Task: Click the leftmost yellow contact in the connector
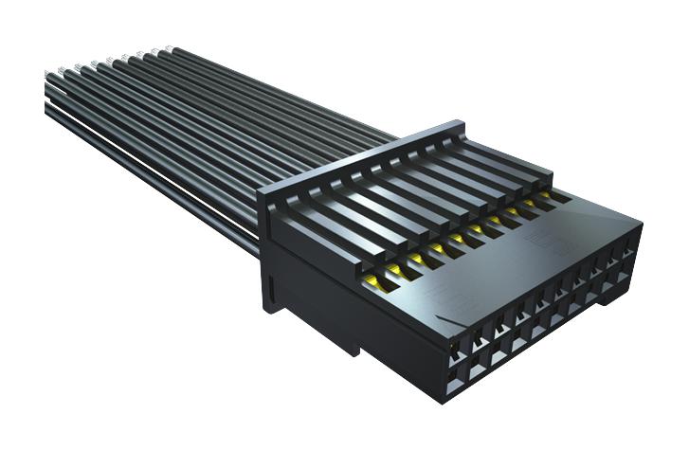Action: [372, 280]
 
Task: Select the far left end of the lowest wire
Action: [47, 110]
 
